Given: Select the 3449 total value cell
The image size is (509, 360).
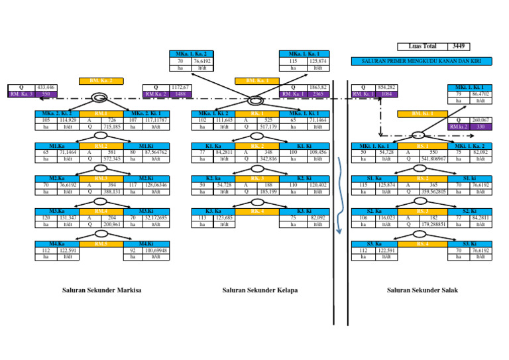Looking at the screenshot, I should point(457,47).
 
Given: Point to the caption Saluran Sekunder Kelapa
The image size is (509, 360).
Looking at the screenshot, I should point(260,290).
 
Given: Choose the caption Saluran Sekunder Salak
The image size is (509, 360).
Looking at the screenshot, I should point(422,290).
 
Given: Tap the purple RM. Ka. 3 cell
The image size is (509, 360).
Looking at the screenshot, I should point(22,94).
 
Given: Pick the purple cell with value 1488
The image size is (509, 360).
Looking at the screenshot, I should point(177,94).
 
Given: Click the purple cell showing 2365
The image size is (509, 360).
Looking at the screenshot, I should point(317,94).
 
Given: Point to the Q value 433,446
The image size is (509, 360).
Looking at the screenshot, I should point(46,88).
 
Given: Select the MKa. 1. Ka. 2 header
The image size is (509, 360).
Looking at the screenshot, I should point(192,53).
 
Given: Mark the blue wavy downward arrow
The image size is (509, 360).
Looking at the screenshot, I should point(339,199).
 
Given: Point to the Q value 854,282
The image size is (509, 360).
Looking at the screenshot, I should point(386,88).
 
